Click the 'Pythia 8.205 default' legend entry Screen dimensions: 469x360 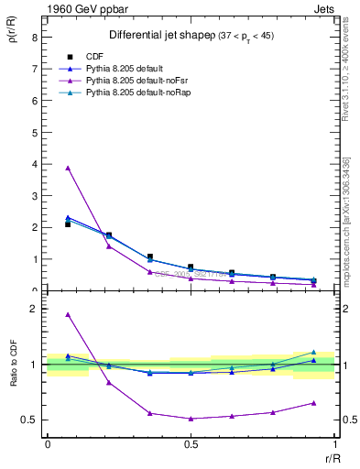[127, 69]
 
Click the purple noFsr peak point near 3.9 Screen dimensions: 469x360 [68, 168]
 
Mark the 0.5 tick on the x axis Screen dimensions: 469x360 [191, 444]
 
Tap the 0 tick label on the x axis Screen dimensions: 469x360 [47, 444]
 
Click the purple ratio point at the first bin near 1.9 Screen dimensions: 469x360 [68, 315]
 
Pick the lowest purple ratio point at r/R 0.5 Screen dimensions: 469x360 [191, 419]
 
